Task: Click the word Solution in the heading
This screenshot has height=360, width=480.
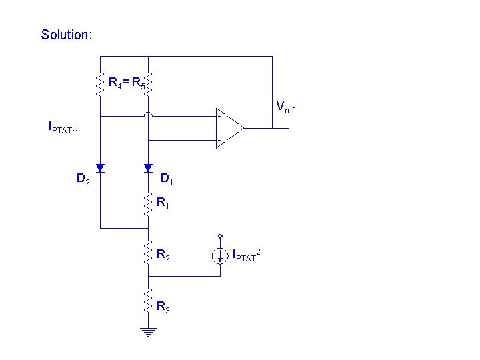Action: pyautogui.click(x=65, y=34)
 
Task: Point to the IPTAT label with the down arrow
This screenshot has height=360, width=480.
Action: pyautogui.click(x=63, y=126)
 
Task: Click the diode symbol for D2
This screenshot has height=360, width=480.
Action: pyautogui.click(x=100, y=167)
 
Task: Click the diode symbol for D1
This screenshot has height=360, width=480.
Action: pyautogui.click(x=148, y=167)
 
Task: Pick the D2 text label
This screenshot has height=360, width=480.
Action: pyautogui.click(x=83, y=179)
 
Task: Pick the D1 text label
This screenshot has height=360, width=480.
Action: pyautogui.click(x=167, y=179)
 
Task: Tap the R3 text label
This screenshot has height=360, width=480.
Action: pyautogui.click(x=163, y=307)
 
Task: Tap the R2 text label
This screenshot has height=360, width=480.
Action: pyautogui.click(x=163, y=255)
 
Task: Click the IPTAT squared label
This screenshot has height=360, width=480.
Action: pyautogui.click(x=246, y=255)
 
